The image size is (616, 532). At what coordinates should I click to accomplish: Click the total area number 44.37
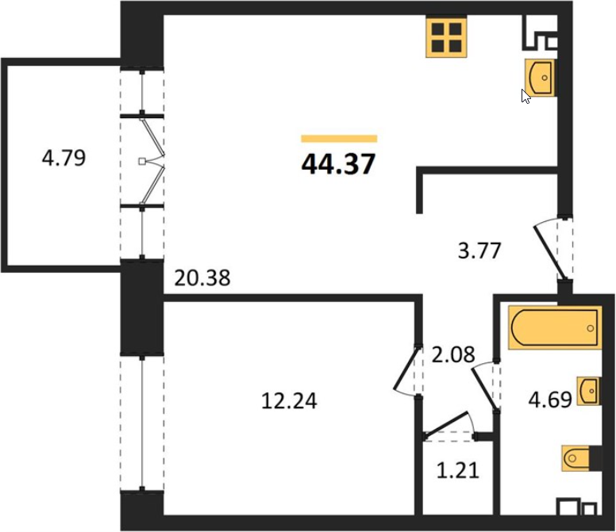tap(339, 163)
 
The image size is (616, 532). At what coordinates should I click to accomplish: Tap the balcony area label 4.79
tap(64, 158)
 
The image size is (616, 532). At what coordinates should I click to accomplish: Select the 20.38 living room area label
tap(202, 278)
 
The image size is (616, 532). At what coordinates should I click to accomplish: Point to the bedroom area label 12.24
tap(289, 401)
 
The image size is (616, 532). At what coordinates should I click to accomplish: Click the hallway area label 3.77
tap(479, 251)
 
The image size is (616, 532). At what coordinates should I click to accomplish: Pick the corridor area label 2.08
tap(453, 354)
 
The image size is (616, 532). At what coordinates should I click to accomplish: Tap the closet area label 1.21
tap(458, 470)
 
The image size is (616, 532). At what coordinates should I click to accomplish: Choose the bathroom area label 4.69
tap(550, 400)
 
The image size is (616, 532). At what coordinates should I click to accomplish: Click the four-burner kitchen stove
tap(447, 38)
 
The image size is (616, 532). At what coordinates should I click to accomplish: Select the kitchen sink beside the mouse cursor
tap(540, 77)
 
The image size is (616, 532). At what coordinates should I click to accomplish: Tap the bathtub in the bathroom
tap(555, 327)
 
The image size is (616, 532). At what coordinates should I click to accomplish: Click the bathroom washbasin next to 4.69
tap(588, 391)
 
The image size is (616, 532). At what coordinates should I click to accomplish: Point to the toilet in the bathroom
tap(582, 457)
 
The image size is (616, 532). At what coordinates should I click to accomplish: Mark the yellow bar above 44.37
tap(339, 139)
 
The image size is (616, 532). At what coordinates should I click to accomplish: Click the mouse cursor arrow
tap(526, 96)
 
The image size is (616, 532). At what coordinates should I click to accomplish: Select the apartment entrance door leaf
tap(550, 252)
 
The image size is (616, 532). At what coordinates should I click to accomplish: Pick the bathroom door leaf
tap(484, 389)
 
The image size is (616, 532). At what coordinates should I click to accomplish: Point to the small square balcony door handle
tap(142, 161)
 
